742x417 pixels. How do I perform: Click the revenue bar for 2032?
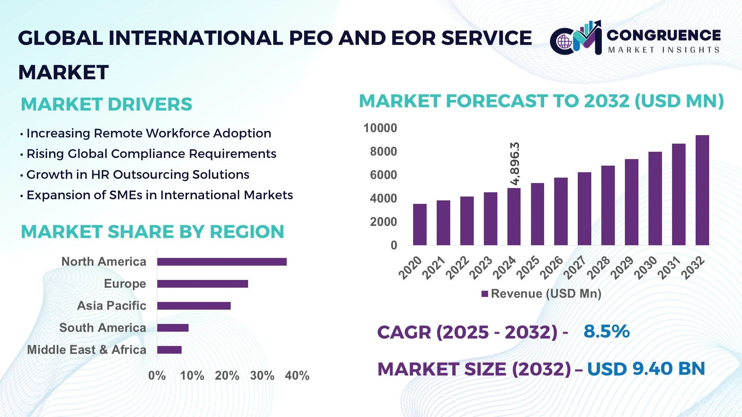pos(702,190)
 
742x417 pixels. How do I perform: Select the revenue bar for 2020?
pos(420,224)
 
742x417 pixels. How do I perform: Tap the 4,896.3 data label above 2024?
pos(515,164)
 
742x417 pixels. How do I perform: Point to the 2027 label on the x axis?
pos(574,268)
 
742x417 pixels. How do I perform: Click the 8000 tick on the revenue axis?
pos(383,151)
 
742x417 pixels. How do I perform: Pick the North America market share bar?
pos(222,262)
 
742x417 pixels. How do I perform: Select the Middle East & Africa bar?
pos(169,350)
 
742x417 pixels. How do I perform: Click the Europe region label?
pos(125,284)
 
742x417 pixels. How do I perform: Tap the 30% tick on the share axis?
pos(262,375)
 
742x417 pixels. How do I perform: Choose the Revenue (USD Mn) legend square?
pos(485,294)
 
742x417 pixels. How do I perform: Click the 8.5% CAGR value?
pos(606,331)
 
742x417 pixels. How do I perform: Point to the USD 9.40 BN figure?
pos(646,369)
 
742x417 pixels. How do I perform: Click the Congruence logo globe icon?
pos(565,42)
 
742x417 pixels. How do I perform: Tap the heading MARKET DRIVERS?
pos(106,104)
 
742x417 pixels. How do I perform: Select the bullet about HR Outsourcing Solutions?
pos(138,175)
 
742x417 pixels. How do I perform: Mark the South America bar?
pos(173,328)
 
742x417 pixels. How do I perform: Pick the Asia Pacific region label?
pos(112,306)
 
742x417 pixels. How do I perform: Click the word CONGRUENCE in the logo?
pos(663,35)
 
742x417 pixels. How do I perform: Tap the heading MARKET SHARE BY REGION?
pos(152,232)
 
